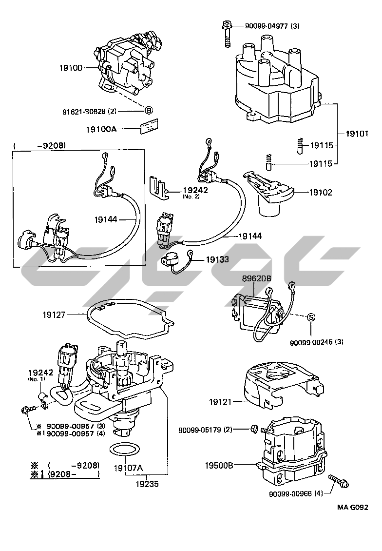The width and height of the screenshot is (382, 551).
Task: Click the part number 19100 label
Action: pos(71,68)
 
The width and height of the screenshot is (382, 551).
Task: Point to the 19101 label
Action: pos(358,133)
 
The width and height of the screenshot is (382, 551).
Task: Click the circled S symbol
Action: pos(311,317)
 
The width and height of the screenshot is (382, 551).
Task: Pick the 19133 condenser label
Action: pos(217,260)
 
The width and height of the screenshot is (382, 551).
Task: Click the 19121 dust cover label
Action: pos(222,402)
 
